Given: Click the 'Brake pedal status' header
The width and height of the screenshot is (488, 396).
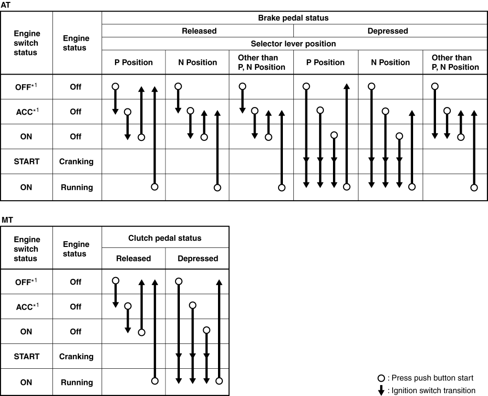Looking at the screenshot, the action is pyautogui.click(x=293, y=18).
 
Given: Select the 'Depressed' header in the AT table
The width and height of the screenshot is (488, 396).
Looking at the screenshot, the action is pyautogui.click(x=387, y=31).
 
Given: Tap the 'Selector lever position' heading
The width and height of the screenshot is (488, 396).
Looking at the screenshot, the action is pyautogui.click(x=293, y=43).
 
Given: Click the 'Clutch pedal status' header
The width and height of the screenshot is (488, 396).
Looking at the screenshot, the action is pyautogui.click(x=165, y=238).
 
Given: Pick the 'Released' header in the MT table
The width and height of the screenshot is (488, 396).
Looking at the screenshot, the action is pyautogui.click(x=133, y=258).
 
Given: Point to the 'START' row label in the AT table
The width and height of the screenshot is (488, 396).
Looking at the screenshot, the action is pyautogui.click(x=26, y=161).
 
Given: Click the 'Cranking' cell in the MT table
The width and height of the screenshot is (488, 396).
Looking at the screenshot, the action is pyautogui.click(x=76, y=356).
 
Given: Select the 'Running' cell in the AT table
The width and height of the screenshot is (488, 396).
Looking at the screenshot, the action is pyautogui.click(x=77, y=187).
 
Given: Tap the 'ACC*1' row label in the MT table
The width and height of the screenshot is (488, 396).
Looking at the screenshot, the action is pyautogui.click(x=27, y=307).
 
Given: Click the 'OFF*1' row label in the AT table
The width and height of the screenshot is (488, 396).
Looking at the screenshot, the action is pyautogui.click(x=26, y=86).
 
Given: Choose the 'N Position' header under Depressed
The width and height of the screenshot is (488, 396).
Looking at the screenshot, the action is pyautogui.click(x=390, y=62).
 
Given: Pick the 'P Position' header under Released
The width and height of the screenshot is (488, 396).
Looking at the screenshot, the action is pyautogui.click(x=134, y=62).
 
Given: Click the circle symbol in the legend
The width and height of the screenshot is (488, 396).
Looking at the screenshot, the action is pyautogui.click(x=381, y=378).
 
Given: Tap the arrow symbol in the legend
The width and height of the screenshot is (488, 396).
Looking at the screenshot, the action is pyautogui.click(x=381, y=390).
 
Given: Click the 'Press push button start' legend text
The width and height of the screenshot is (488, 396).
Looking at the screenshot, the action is pyautogui.click(x=432, y=378).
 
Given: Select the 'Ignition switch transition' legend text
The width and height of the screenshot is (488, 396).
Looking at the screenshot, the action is pyautogui.click(x=433, y=391).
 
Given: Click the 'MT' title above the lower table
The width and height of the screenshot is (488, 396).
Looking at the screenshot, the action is pyautogui.click(x=7, y=220).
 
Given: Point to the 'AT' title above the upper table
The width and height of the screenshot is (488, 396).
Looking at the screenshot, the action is pyautogui.click(x=6, y=5).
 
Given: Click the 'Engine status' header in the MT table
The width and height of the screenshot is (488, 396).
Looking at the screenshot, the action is pyautogui.click(x=76, y=249).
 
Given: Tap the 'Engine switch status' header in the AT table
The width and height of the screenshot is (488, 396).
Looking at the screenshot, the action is pyautogui.click(x=27, y=43).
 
